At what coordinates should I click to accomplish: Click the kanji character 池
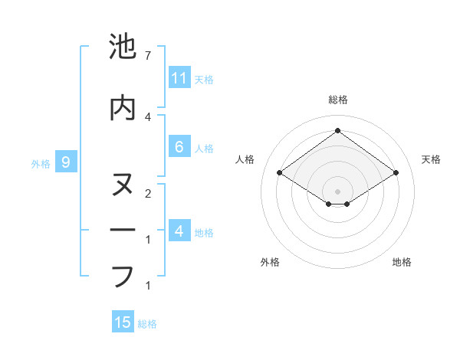123,47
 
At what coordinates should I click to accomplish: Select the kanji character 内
123,109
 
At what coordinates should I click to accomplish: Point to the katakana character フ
123,277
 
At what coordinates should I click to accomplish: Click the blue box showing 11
179,77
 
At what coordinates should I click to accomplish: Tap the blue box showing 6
179,147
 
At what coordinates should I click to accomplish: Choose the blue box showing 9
66,162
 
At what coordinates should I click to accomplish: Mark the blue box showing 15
123,322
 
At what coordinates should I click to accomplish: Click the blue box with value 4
179,231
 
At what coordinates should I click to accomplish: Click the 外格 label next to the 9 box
41,163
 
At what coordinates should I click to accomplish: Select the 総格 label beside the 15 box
148,324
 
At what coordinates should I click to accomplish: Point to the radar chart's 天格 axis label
431,159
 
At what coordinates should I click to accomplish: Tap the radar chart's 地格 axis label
402,262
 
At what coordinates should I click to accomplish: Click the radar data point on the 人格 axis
280,173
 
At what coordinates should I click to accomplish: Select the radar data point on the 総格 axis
337,130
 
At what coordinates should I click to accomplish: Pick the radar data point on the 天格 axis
396,173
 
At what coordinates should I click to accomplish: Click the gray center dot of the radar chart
337,190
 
